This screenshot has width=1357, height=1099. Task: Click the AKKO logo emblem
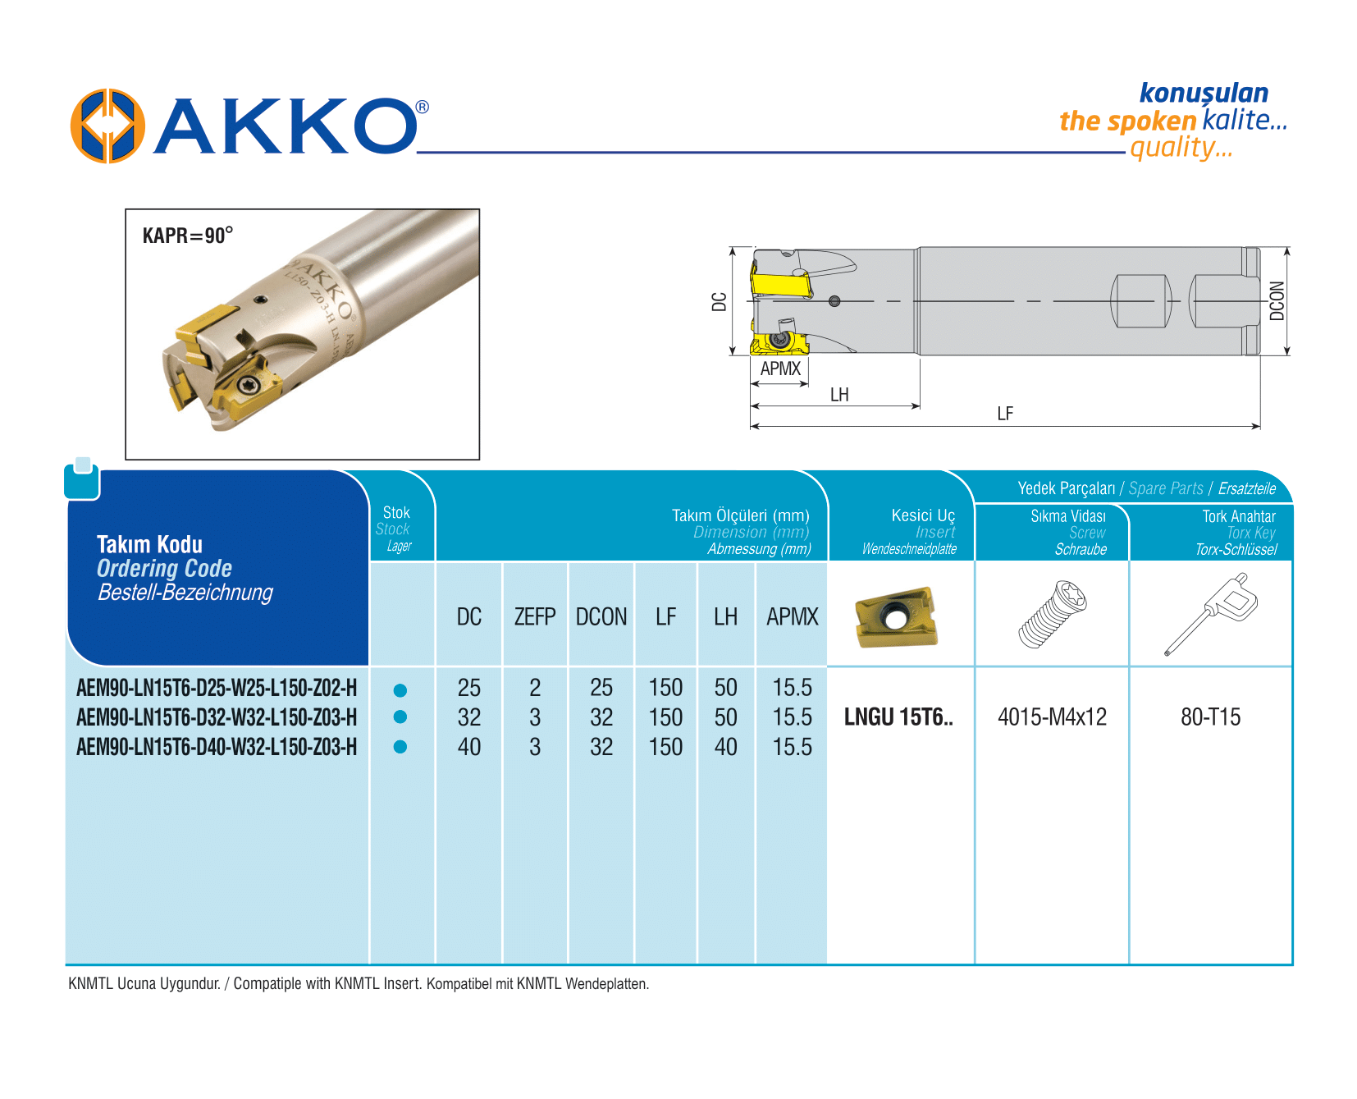point(107,126)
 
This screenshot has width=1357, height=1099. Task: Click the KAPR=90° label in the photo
point(188,236)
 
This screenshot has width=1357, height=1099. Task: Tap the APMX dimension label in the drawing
point(780,369)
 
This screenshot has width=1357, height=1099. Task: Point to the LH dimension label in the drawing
point(839,395)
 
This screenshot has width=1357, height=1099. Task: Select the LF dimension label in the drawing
point(1005,414)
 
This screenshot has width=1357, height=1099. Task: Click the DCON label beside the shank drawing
point(1277,300)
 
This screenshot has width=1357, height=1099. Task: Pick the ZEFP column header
point(535,616)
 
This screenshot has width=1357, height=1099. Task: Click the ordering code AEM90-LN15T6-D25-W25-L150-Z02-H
point(217,688)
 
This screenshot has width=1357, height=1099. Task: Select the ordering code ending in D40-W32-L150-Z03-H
point(217,747)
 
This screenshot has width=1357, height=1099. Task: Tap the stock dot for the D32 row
point(400,717)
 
